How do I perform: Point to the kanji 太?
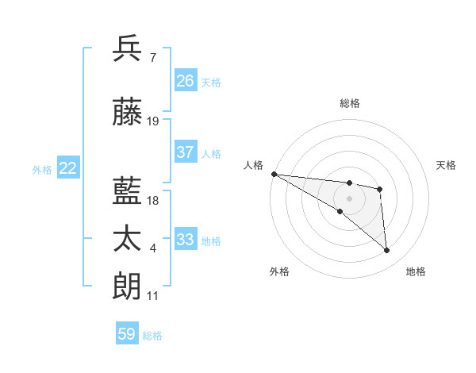pyautogui.click(x=128, y=238)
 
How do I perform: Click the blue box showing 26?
pyautogui.click(x=186, y=81)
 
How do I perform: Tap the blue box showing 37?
pyautogui.click(x=186, y=152)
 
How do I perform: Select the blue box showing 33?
pyautogui.click(x=186, y=240)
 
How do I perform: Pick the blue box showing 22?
pyautogui.click(x=68, y=168)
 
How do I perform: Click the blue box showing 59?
pyautogui.click(x=127, y=334)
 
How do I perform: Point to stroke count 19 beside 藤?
pyautogui.click(x=153, y=121)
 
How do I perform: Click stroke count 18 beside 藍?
pyautogui.click(x=153, y=201)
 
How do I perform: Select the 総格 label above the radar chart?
pyautogui.click(x=350, y=103)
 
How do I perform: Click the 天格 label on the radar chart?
pyautogui.click(x=447, y=165)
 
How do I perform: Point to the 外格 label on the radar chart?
pyautogui.click(x=279, y=272)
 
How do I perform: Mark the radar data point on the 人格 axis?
pyautogui.click(x=274, y=174)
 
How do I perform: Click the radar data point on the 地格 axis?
pyautogui.click(x=387, y=251)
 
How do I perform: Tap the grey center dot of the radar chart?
pyautogui.click(x=349, y=198)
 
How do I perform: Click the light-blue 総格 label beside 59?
pyautogui.click(x=152, y=336)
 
